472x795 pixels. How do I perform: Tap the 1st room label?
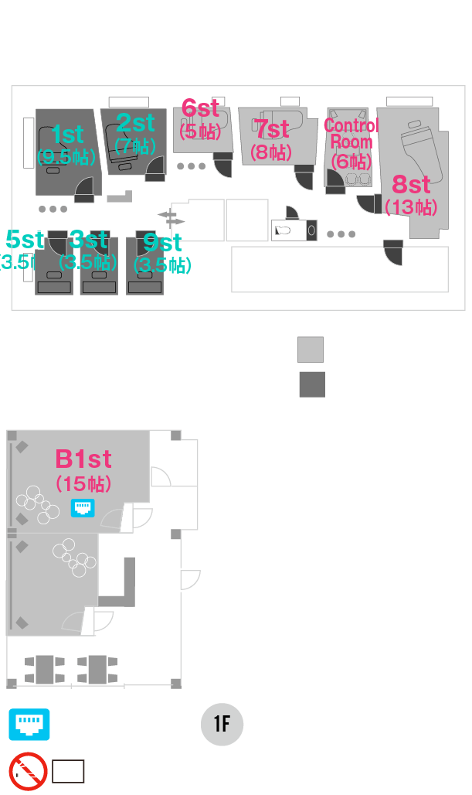coord(66,135)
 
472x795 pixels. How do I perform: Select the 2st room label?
coord(135,123)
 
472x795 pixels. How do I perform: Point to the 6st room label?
coord(200,109)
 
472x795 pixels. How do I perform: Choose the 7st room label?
coord(272,128)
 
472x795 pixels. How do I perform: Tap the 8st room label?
coord(411,185)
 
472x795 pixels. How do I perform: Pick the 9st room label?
coord(162,243)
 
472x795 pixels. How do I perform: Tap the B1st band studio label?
coord(83,459)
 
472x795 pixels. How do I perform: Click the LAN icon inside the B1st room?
coord(83,507)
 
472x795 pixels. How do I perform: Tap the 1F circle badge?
coord(222,725)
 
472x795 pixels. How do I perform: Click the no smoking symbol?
coord(29,771)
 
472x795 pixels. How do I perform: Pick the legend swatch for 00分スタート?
coord(311,350)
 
